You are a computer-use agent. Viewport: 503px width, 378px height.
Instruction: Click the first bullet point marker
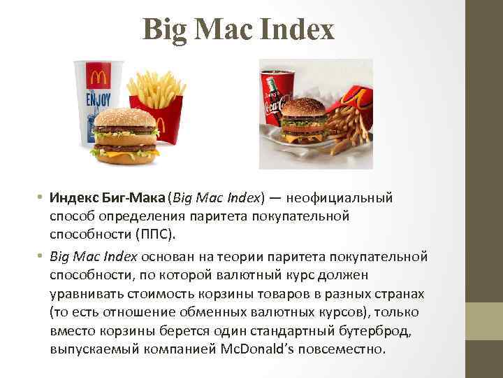pyautogui.click(x=41, y=199)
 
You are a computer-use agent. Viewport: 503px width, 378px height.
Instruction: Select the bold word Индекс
pyautogui.click(x=75, y=199)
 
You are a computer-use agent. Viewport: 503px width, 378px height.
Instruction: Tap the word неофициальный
pyautogui.click(x=345, y=199)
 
